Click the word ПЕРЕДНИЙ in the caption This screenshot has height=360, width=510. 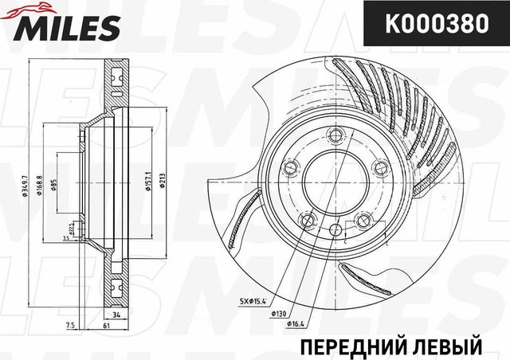coord(345,347)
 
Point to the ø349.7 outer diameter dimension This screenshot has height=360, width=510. coord(27,181)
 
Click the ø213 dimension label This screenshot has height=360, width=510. coord(162,182)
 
